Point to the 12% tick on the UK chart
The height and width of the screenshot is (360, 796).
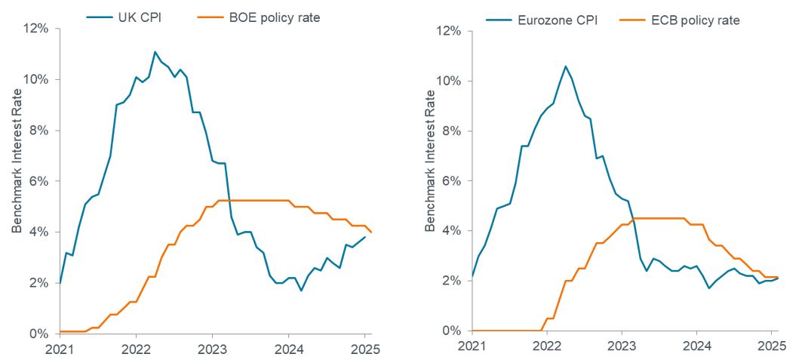point(37,29)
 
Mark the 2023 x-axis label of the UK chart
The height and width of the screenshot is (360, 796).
point(212,350)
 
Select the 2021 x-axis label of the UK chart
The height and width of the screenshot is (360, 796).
point(60,350)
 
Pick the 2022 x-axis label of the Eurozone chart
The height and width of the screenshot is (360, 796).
point(546,347)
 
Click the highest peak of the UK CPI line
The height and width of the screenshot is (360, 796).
point(155,52)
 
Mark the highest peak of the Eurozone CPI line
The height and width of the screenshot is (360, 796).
point(565,66)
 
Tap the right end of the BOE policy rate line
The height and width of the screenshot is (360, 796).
point(371,232)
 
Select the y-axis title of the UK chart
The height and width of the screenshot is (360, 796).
point(16,181)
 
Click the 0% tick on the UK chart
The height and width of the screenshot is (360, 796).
point(39,334)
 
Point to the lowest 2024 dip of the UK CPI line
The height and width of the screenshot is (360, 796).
point(300,291)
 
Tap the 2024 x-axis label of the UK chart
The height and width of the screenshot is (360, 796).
point(288,350)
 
